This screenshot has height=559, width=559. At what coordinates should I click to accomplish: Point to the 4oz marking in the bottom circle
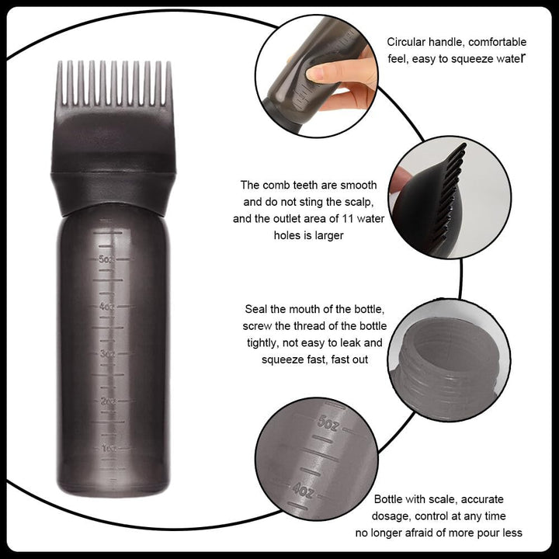(x=302, y=491)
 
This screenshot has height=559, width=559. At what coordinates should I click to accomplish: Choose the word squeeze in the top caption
(x=462, y=58)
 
